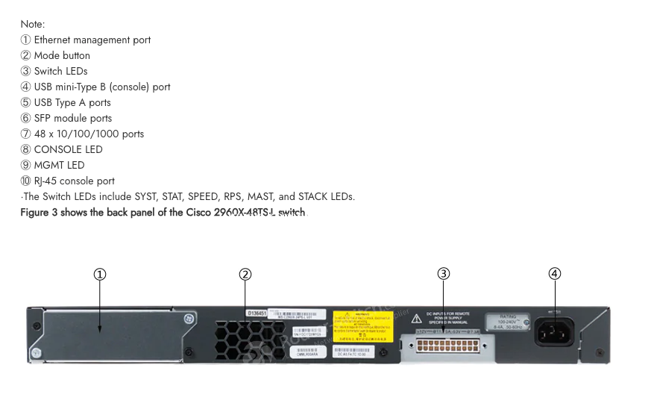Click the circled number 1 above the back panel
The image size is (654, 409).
(x=100, y=274)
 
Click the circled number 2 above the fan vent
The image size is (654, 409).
(x=245, y=274)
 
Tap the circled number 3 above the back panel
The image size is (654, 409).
(x=444, y=274)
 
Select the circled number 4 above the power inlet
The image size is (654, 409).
(x=554, y=274)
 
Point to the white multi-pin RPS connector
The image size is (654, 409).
(x=446, y=347)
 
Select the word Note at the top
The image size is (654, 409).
(x=33, y=24)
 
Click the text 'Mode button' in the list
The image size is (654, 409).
(x=62, y=55)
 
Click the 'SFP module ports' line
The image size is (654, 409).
(x=73, y=118)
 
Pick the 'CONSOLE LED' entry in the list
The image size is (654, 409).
(x=68, y=149)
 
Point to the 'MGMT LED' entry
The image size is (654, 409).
(x=59, y=165)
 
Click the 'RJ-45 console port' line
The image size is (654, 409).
(x=75, y=181)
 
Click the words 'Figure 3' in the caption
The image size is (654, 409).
(x=38, y=213)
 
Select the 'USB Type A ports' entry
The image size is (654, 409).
(x=72, y=102)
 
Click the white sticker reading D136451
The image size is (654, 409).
(x=256, y=313)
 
